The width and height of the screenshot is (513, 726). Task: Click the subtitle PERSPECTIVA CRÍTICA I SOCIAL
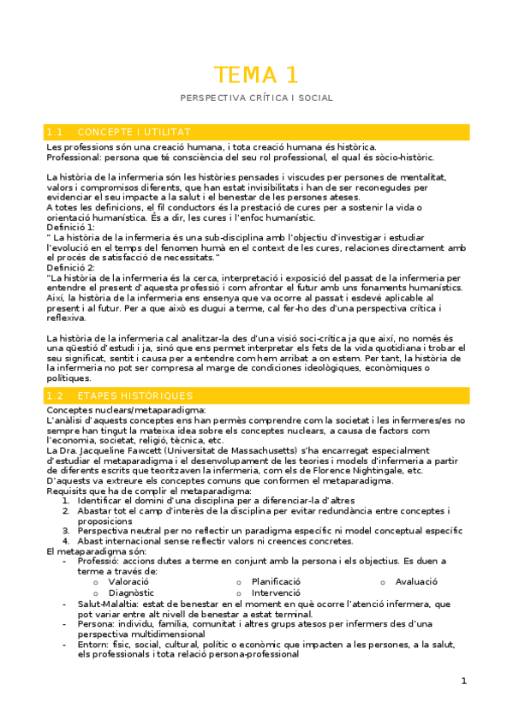(256, 98)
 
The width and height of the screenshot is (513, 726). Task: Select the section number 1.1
(57, 132)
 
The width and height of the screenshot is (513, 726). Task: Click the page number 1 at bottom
(463, 681)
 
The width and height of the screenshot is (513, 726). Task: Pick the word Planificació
(276, 581)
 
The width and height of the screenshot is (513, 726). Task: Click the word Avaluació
(416, 581)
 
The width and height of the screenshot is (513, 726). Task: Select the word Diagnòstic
(131, 592)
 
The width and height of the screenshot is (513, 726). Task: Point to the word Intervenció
(276, 592)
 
